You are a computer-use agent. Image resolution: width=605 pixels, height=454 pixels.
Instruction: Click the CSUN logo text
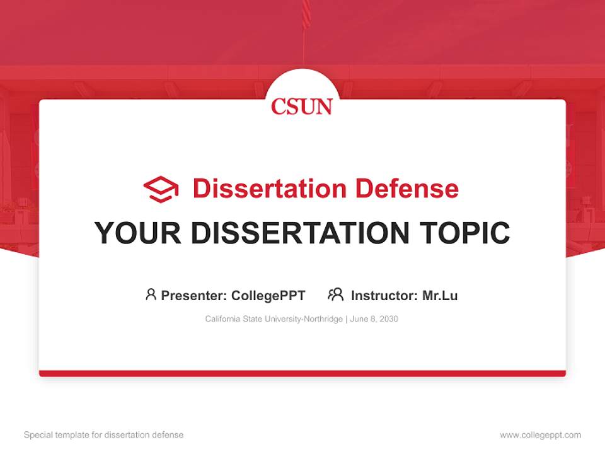pos(302,106)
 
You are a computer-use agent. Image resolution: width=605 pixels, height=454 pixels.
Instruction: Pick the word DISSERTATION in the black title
pos(299,233)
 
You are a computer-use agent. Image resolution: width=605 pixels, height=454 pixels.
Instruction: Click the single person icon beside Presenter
pos(151,294)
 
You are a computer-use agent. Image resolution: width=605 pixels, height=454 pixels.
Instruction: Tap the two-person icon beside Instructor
pos(335,294)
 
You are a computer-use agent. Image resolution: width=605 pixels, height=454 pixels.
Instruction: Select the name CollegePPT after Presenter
pos(268,295)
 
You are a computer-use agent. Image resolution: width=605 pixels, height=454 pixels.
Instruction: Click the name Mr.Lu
pos(440,295)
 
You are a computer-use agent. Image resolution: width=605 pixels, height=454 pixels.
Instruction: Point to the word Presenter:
pos(194,295)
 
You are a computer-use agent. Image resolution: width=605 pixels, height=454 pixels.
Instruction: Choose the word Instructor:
pos(384,295)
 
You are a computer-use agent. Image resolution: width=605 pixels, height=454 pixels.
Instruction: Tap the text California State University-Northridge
pos(274,319)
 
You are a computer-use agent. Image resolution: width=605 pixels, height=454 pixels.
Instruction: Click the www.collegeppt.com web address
pos(540,435)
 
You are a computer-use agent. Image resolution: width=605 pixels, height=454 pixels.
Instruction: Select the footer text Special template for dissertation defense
pos(104,435)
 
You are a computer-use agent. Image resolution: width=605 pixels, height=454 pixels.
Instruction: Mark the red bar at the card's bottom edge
pos(302,373)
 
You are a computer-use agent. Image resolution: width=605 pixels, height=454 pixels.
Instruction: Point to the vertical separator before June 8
pos(346,319)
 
